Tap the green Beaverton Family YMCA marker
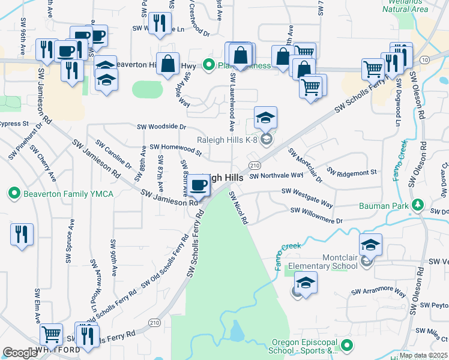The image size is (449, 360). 14,193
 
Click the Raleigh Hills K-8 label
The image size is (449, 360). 229,140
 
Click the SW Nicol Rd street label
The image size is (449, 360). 238,207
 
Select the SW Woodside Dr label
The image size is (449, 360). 161,127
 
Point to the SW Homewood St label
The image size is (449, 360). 175,147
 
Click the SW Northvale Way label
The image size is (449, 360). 276,175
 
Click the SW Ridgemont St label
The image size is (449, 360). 352,172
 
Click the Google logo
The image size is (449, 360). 20,353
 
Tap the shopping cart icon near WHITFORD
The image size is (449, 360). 51,334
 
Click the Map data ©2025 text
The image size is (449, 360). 423,355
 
